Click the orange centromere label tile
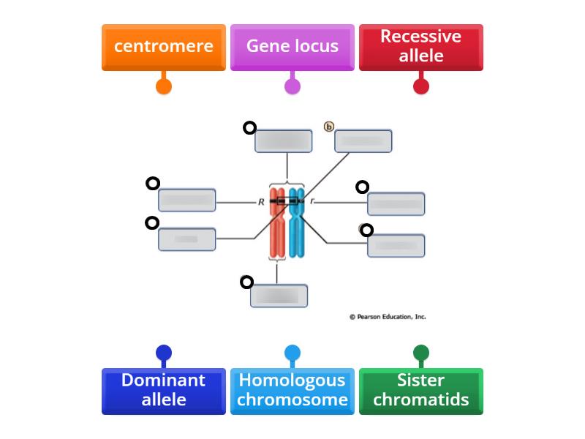[164, 47]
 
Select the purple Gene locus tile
[292, 47]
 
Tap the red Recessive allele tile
[421, 47]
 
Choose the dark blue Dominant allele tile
[164, 391]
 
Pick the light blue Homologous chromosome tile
[292, 391]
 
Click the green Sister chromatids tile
[421, 391]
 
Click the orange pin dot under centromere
[164, 86]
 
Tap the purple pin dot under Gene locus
[292, 86]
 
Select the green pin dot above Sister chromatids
[421, 353]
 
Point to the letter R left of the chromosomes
[261, 202]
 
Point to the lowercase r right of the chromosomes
[312, 201]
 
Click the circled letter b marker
[329, 127]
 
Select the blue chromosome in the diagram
[296, 227]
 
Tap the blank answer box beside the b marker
[363, 141]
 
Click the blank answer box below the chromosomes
[279, 296]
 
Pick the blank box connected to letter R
[187, 200]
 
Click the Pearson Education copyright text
[388, 317]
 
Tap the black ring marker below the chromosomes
[247, 282]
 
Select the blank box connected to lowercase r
[396, 203]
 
